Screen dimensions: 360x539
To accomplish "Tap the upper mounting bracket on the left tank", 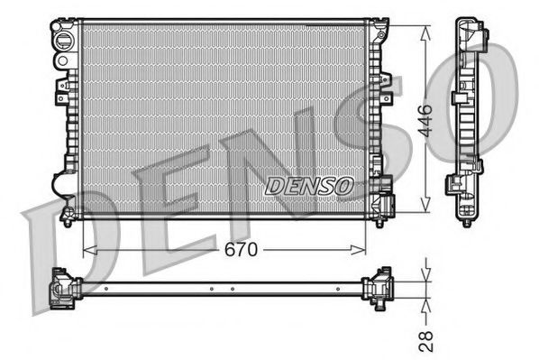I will tap(64, 88).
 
